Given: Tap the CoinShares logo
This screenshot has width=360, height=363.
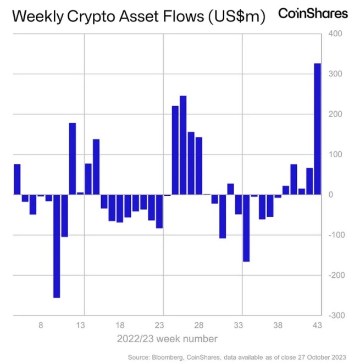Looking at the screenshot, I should point(313,14).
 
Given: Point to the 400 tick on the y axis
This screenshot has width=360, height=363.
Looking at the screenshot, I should point(336,34).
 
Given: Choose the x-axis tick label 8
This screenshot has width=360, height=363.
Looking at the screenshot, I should point(41,325).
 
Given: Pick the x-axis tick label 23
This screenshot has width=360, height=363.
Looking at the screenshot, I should point(160,325).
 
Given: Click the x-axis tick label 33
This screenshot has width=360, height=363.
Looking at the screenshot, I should point(239,325).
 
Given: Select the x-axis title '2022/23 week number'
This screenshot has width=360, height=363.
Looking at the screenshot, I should point(166,338).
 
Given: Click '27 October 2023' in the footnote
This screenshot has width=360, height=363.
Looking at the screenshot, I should point(326,356).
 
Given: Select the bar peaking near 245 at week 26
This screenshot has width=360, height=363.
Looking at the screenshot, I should point(183,145).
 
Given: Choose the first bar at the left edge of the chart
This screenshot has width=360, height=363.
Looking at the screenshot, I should point(17,179).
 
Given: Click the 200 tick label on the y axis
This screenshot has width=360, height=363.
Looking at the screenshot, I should point(336,114).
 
